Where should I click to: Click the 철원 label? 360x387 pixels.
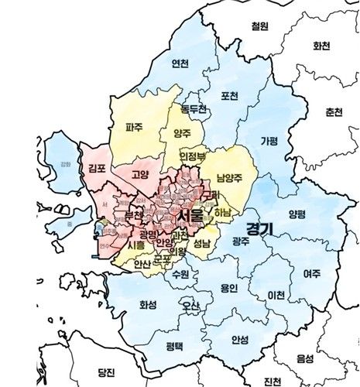[259, 26]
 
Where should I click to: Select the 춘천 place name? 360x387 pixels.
[334, 112]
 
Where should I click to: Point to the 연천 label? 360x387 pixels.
[180, 63]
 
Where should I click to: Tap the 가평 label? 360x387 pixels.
[269, 141]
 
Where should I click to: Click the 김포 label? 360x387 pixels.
[97, 168]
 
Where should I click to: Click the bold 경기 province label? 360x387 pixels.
[251, 228]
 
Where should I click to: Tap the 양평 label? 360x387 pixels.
[297, 214]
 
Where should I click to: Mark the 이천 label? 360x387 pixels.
[275, 295]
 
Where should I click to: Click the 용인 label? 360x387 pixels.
[229, 288]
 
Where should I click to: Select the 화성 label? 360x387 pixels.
[148, 305]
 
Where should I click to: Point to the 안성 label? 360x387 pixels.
[241, 339]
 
